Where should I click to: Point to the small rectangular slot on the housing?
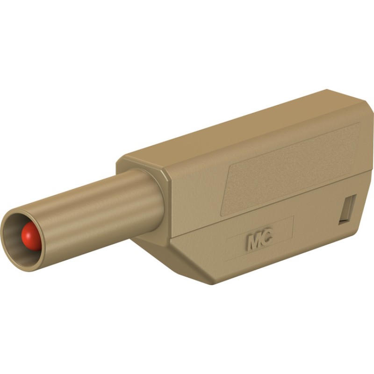point(347,210)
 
